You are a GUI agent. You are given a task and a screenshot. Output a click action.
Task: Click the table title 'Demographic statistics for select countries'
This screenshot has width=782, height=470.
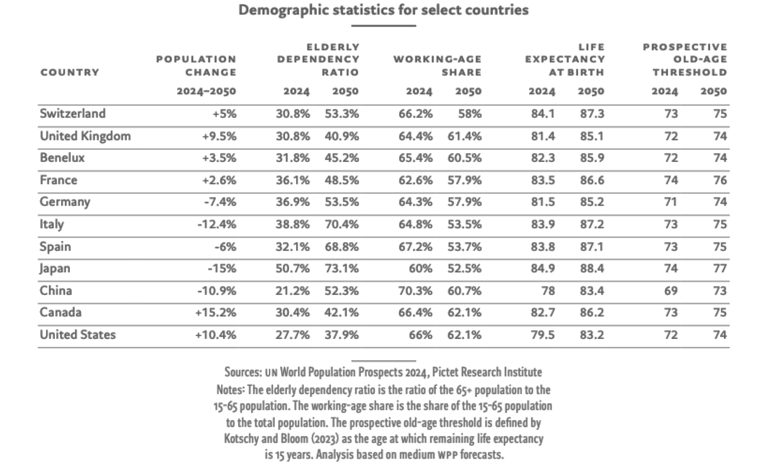pyautogui.click(x=383, y=10)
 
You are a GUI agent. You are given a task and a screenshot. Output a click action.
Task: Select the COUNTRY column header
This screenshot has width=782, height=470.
pyautogui.click(x=70, y=72)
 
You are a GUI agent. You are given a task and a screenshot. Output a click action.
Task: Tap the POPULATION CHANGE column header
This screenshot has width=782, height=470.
pyautogui.click(x=196, y=66)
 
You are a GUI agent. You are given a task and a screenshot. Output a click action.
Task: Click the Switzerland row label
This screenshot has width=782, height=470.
pyautogui.click(x=73, y=114)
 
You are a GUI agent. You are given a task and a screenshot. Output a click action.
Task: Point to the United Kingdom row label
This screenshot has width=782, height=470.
pyautogui.click(x=85, y=136)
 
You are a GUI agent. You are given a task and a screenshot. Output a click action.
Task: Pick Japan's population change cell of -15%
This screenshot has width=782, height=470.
pyautogui.click(x=222, y=269)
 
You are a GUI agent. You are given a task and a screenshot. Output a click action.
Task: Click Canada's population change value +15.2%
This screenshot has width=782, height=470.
pyautogui.click(x=216, y=313)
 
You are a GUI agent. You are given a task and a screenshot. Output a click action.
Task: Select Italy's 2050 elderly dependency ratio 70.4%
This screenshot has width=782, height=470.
pyautogui.click(x=342, y=224)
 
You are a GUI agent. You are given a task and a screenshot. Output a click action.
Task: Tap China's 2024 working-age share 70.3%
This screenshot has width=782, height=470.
pyautogui.click(x=415, y=291)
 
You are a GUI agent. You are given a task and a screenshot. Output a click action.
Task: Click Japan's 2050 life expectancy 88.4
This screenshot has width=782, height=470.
pyautogui.click(x=592, y=269)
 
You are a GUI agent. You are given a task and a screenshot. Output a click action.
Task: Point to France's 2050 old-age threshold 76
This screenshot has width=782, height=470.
pyautogui.click(x=720, y=180)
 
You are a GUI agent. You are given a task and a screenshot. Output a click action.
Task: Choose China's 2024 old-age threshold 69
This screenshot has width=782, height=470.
pyautogui.click(x=671, y=291)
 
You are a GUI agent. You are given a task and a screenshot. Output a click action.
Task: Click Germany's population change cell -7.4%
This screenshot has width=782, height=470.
pyautogui.click(x=220, y=202)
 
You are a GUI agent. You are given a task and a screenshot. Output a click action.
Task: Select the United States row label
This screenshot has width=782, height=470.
pyautogui.click(x=78, y=335)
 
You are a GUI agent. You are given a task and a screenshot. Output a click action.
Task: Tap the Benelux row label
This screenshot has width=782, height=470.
pyautogui.click(x=62, y=158)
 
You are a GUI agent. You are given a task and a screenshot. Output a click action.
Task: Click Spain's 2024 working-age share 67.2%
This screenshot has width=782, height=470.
pyautogui.click(x=415, y=247)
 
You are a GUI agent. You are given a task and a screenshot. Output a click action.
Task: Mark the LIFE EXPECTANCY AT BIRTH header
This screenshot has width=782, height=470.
pyautogui.click(x=565, y=60)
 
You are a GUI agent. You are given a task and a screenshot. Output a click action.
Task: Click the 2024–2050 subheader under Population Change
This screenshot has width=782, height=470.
pyautogui.click(x=206, y=92)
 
